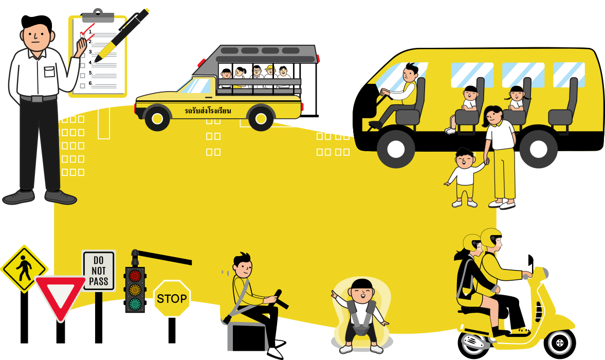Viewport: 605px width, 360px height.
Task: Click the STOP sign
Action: [x=172, y=298]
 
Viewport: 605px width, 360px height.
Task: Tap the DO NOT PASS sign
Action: [x=98, y=271]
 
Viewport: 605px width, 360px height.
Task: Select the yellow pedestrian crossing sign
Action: [x=24, y=268]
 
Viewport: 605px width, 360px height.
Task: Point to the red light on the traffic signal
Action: [x=135, y=276]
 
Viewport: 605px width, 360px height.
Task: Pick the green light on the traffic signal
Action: [x=135, y=303]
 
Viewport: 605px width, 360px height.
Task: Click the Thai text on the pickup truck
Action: [x=208, y=111]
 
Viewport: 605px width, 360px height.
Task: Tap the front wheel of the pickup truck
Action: [x=157, y=118]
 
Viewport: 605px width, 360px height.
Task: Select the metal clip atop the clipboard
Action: [x=98, y=16]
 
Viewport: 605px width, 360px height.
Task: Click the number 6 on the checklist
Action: [x=90, y=83]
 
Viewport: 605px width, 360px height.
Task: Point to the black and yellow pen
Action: [x=121, y=35]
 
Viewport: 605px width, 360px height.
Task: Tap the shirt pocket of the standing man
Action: [x=50, y=71]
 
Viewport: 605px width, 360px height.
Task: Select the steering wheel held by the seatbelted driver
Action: [x=280, y=299]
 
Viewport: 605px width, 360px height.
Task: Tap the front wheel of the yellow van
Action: [x=395, y=149]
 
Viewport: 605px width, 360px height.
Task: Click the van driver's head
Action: [x=410, y=73]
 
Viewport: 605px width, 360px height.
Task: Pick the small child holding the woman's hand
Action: [x=465, y=177]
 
